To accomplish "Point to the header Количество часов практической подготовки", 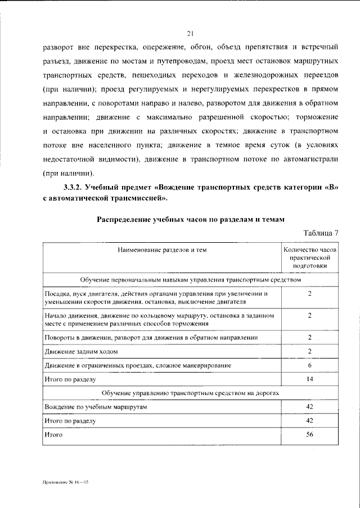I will coord(309,257).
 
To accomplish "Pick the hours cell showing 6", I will coord(309,365).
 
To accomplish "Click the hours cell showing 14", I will coord(309,379).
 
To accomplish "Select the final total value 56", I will coord(309,434).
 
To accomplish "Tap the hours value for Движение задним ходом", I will coord(309,351).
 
